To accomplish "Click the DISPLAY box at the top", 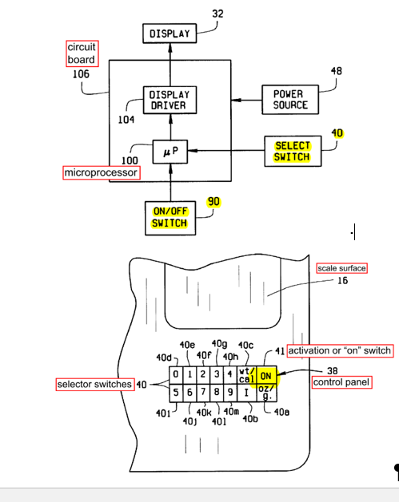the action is pos(170,34).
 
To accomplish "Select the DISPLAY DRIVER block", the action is pos(170,100).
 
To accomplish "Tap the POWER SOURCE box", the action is pos(290,100).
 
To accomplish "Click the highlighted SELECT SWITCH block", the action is pos(293,151).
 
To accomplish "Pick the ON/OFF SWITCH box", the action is pos(170,218).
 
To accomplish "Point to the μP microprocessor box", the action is pos(170,152).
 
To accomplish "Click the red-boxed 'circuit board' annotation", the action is pos(82,53).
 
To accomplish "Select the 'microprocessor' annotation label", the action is pos(102,172).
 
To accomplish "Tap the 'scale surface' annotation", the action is pos(342,268).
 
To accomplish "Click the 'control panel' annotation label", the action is pos(342,382).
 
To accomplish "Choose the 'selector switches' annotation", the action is pos(95,384).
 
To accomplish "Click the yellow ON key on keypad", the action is pos(266,376).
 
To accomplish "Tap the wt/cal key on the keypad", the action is pos(247,376).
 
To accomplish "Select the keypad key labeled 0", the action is pos(176,375).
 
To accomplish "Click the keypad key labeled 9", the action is pos(230,393).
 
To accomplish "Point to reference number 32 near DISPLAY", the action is pos(217,14).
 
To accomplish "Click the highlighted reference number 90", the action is pos(213,202).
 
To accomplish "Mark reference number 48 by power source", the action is pos(337,71).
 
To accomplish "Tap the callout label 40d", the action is pos(164,358).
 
